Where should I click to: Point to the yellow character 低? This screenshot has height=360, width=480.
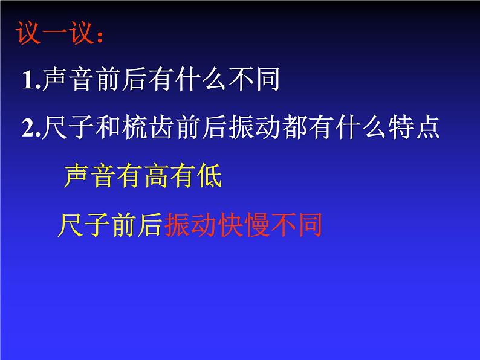tap(209, 176)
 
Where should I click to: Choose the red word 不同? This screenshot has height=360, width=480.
tap(297, 225)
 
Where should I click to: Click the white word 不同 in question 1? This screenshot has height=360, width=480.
tap(255, 82)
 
